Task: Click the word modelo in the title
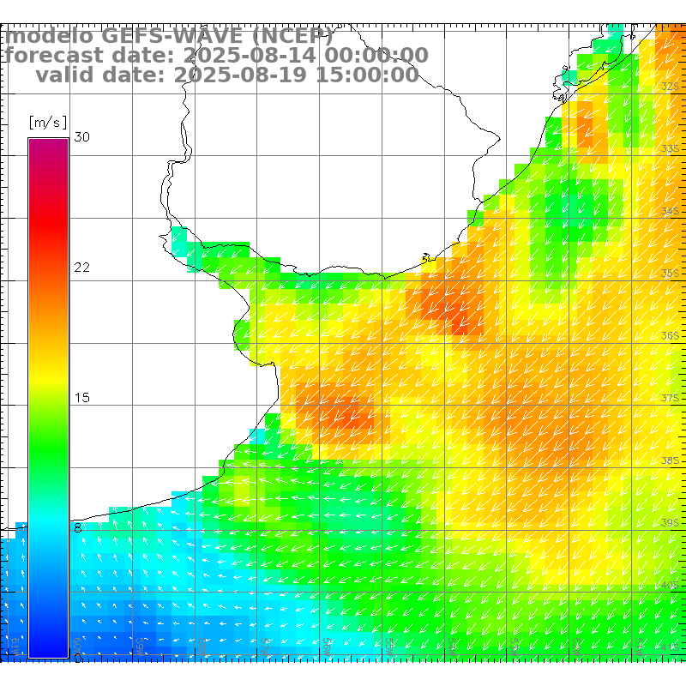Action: pos(50,37)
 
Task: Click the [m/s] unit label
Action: pos(47,122)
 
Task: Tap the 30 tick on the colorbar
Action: pos(82,137)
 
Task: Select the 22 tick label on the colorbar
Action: pos(82,268)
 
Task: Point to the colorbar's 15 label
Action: pos(82,398)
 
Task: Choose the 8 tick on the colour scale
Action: pos(78,528)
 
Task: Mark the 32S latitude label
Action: pos(671,87)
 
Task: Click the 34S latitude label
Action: pos(671,211)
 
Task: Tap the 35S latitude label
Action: pos(671,274)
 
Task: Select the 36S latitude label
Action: pos(671,336)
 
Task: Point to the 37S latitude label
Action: pos(671,399)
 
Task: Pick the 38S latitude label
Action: pos(671,460)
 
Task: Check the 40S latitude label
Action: pos(671,585)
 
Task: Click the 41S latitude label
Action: pos(671,647)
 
